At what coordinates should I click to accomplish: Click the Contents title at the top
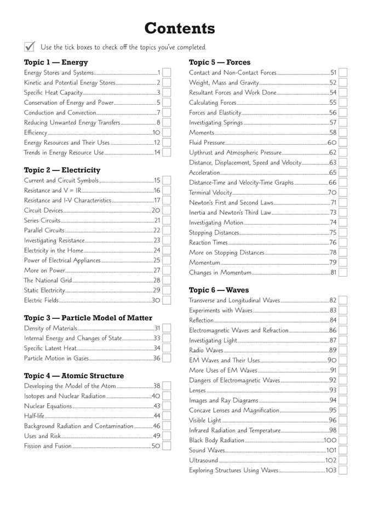(x=180, y=28)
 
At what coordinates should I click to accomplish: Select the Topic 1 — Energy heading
(x=56, y=62)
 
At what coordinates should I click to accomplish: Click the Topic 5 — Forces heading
(x=220, y=62)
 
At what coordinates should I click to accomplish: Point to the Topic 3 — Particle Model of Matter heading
(x=88, y=318)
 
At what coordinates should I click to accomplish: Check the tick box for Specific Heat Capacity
(x=167, y=93)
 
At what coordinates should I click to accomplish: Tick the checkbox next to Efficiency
(x=167, y=133)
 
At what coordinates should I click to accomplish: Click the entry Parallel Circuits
(x=44, y=230)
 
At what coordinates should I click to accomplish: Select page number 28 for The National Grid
(x=157, y=280)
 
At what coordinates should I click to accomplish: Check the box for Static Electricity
(x=167, y=290)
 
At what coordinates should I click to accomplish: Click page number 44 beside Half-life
(x=157, y=416)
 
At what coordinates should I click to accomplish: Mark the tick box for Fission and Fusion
(x=167, y=446)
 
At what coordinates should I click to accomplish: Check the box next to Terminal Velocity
(x=342, y=192)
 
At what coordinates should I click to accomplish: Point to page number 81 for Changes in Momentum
(x=333, y=272)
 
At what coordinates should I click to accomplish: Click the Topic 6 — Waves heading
(x=219, y=290)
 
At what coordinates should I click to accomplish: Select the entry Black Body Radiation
(x=217, y=440)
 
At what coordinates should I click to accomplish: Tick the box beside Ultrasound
(x=342, y=460)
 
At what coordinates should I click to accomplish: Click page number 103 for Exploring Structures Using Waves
(x=331, y=470)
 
